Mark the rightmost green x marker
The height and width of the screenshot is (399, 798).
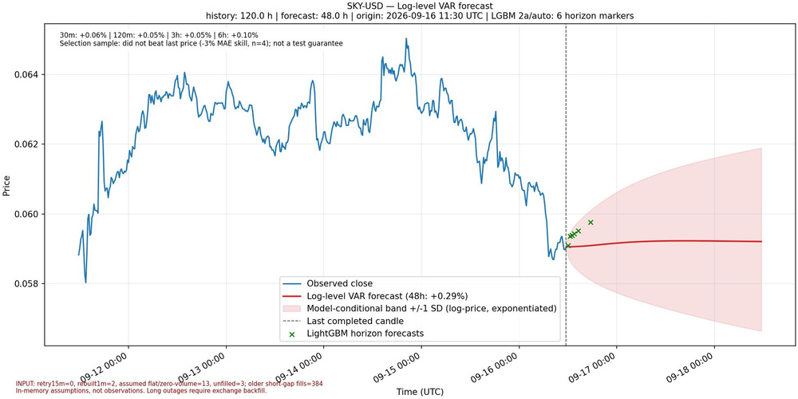[591, 223]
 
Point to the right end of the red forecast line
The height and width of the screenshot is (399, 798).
[761, 241]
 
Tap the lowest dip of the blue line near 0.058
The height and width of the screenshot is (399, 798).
[85, 282]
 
